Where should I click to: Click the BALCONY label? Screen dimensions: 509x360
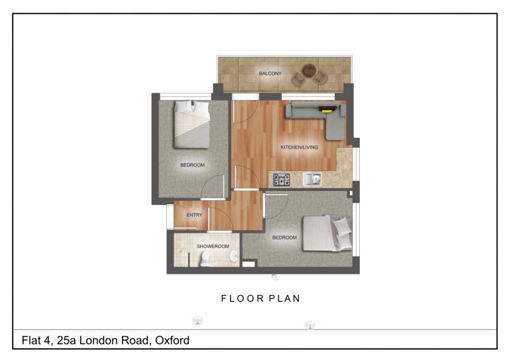tap(270, 74)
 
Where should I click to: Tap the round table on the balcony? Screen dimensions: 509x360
tap(309, 70)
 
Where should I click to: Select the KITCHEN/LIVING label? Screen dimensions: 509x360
tap(300, 147)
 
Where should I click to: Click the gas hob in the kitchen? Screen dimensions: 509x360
tap(282, 180)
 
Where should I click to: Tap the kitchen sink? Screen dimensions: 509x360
tap(312, 179)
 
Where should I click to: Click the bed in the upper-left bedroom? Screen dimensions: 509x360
tap(192, 124)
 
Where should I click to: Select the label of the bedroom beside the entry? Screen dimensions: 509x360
tap(192, 165)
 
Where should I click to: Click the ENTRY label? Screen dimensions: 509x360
tap(194, 215)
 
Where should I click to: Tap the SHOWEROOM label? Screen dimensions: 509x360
tap(213, 247)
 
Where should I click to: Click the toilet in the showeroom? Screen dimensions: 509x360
tap(205, 259)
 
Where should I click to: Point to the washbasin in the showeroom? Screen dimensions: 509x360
tap(234, 256)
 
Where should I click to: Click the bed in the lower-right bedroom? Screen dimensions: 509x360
tap(327, 233)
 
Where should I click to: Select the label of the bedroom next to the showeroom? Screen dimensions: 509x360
tap(285, 237)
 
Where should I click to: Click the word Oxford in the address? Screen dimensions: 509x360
tap(172, 340)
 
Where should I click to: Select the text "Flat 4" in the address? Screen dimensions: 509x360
tap(36, 340)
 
